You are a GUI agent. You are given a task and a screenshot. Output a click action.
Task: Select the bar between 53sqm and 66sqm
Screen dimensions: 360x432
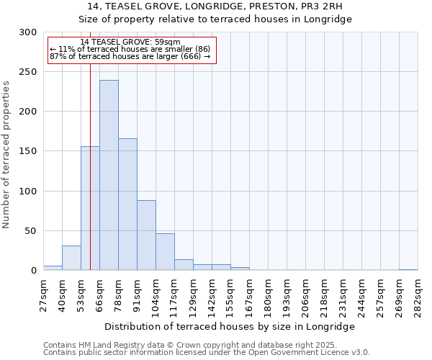90,208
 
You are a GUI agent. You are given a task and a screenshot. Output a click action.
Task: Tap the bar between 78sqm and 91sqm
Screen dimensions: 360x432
127,204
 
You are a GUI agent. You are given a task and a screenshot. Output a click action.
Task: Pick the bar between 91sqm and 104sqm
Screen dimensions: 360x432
146,235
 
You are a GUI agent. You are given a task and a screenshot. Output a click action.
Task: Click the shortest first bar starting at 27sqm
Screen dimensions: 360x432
53,268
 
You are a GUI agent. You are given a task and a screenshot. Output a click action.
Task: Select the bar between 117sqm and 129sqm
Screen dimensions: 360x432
184,264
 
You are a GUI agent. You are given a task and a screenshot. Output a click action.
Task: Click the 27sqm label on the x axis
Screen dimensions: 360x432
43,294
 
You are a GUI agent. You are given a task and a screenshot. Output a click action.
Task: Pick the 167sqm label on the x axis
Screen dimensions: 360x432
249,294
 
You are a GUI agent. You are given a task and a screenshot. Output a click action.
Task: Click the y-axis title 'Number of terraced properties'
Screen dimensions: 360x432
6,154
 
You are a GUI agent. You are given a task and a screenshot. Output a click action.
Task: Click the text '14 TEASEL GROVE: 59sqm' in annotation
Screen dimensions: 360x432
130,42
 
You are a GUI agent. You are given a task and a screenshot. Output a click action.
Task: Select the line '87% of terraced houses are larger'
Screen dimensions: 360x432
130,56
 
